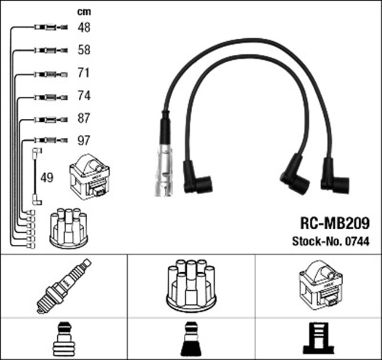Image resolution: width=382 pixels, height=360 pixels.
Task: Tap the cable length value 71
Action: coord(84,73)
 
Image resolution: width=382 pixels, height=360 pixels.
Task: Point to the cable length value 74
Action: coord(84,96)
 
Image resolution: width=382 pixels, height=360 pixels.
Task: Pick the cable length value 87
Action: coord(84,118)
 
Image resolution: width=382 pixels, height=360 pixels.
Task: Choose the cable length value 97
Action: coord(84,141)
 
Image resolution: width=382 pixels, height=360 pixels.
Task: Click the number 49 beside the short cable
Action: coord(47,177)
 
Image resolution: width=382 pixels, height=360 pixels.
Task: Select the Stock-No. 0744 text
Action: coord(331,241)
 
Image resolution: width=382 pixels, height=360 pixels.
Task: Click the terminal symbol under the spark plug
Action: coord(63,339)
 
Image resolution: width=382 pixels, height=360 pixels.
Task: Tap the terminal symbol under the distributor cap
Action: coord(191,339)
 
